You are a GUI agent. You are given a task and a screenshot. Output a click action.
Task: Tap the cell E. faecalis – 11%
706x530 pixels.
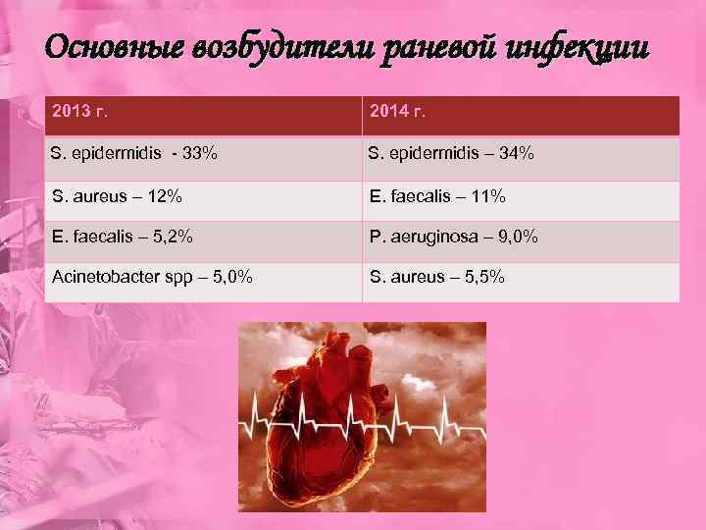click(437, 196)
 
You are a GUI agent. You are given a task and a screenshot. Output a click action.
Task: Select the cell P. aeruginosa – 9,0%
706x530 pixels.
click(453, 237)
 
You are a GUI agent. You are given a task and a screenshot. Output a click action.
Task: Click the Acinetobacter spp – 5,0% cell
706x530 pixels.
click(152, 278)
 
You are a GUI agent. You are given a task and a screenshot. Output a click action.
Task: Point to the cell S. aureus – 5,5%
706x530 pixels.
click(437, 278)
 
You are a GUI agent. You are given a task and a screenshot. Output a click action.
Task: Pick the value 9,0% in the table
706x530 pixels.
click(517, 237)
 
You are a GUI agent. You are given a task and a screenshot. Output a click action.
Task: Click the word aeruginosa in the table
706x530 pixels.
click(434, 237)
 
